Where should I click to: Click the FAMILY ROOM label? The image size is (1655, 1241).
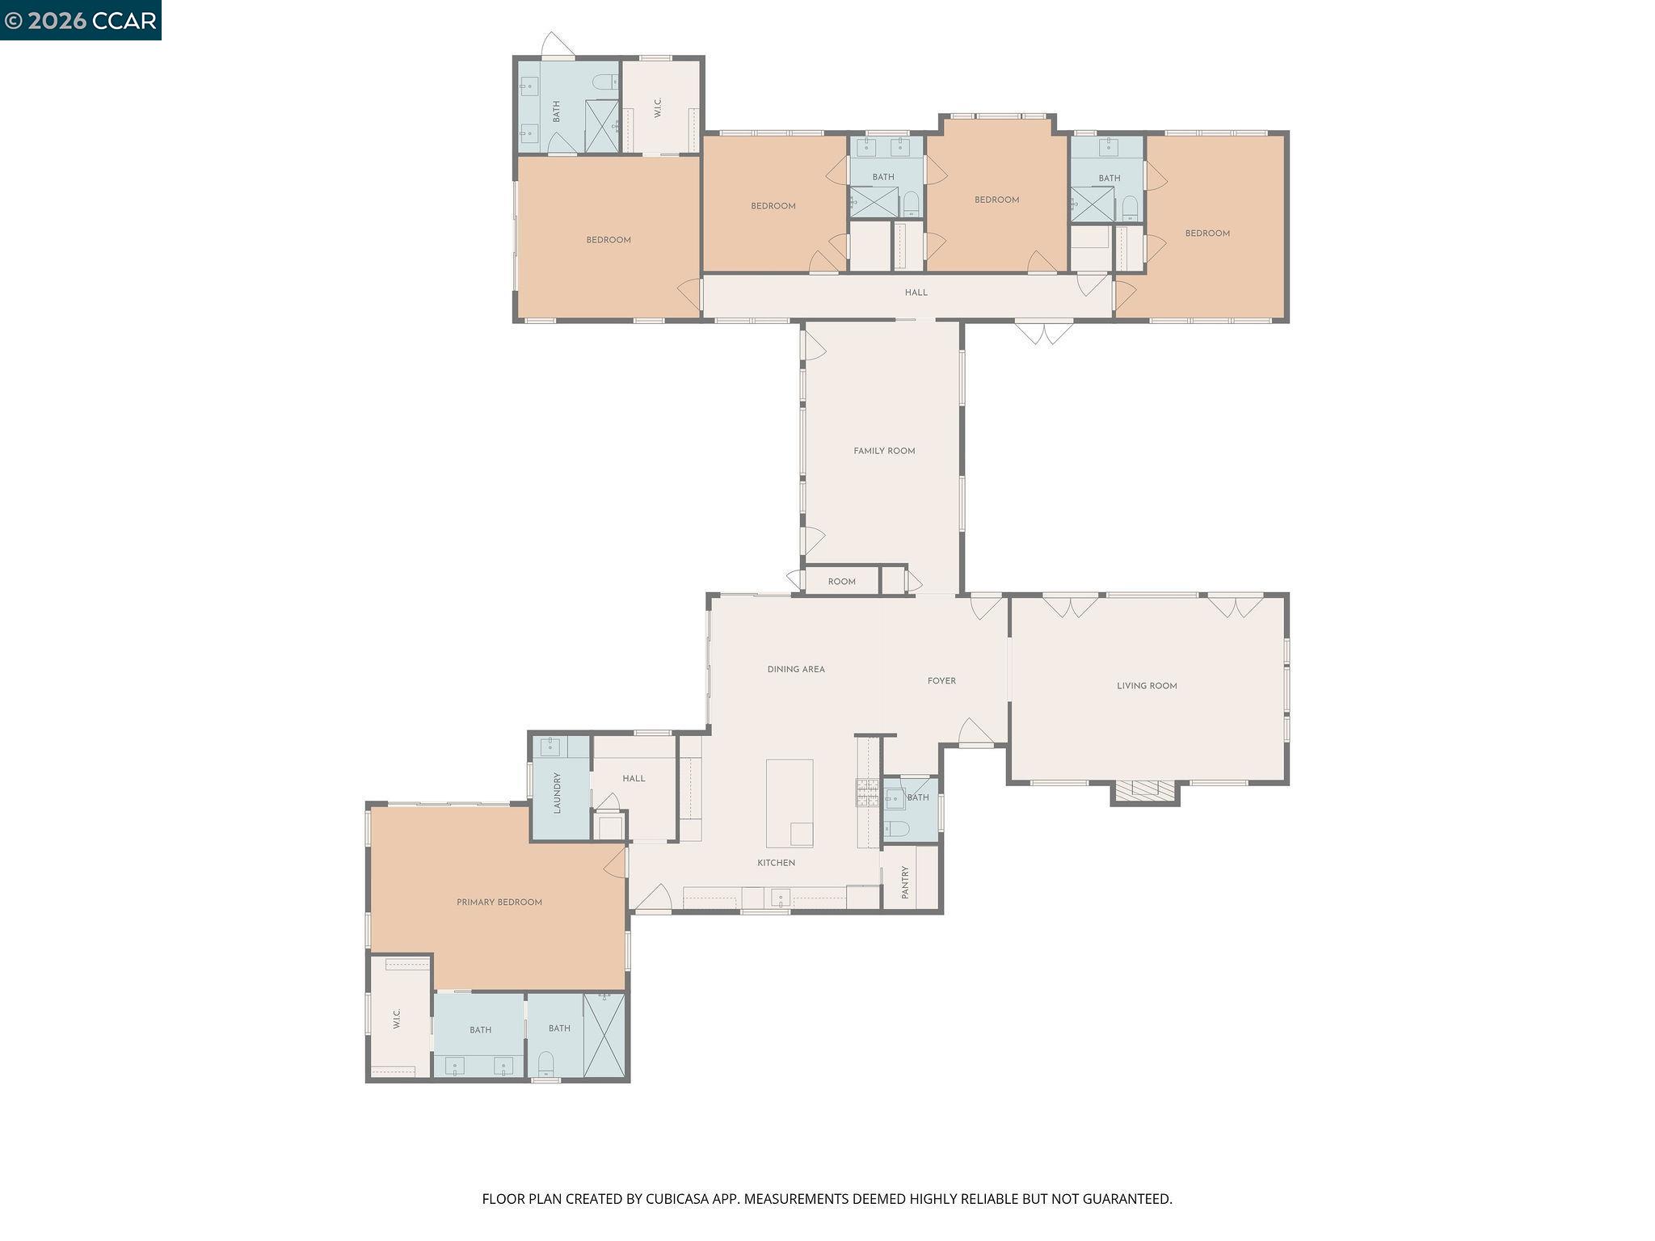pos(884,451)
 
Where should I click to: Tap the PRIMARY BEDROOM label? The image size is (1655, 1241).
pos(499,902)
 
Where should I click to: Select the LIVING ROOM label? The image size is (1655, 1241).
pos(1146,686)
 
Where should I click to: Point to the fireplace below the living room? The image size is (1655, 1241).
pos(1144,789)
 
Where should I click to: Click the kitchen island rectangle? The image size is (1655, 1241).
pos(789,801)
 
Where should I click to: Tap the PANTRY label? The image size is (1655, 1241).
pos(905,882)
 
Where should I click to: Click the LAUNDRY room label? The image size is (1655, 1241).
pos(557,793)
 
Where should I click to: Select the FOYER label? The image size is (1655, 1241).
pos(941,681)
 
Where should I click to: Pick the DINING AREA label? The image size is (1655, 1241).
pos(795,669)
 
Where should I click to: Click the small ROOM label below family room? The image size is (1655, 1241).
pos(841,582)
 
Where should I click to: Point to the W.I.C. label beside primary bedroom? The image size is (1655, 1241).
pos(397,1018)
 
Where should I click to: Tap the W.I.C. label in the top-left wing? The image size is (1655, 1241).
pos(658,108)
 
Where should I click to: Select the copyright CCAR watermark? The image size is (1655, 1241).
pos(80,20)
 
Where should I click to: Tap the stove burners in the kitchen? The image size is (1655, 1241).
pos(867,792)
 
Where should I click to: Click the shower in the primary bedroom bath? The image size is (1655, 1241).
pos(604,1036)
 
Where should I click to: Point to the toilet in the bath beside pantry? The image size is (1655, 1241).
pos(896,828)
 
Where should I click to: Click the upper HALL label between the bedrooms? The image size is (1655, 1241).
pos(916,292)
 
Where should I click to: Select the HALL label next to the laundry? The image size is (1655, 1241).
pos(634,779)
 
